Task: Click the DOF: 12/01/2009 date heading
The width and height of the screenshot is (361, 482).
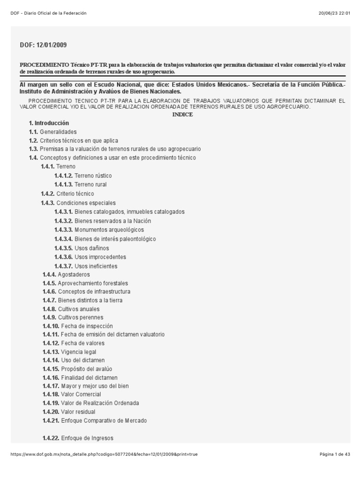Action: click(43, 45)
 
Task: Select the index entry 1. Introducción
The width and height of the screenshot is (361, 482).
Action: click(49, 123)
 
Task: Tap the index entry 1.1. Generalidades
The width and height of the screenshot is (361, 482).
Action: click(53, 132)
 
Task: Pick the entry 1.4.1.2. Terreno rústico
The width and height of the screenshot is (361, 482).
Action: click(83, 176)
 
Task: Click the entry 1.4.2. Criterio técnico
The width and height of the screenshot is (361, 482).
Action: click(68, 193)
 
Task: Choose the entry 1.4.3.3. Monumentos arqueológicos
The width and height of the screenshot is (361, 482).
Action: click(99, 230)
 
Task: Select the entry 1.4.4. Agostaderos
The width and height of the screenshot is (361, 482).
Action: click(66, 274)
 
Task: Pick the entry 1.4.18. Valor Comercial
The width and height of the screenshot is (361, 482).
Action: click(71, 394)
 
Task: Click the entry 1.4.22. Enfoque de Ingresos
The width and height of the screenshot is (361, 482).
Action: click(78, 438)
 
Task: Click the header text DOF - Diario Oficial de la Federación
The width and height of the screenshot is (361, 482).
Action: click(48, 13)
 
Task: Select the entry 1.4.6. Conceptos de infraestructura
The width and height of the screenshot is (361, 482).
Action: click(86, 292)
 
